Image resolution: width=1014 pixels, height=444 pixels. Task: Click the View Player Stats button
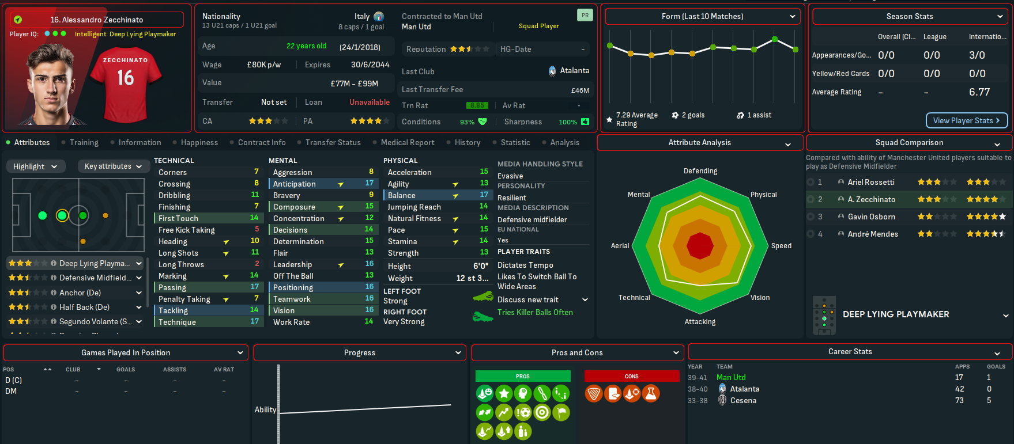click(966, 120)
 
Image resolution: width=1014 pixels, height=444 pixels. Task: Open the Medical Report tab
click(408, 142)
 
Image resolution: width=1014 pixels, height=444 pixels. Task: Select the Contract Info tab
click(262, 142)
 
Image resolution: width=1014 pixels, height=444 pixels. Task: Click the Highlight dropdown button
click(35, 166)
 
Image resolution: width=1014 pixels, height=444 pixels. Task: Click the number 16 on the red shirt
click(126, 78)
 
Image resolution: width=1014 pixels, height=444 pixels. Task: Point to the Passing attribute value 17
click(254, 287)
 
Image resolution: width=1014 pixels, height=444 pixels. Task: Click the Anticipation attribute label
click(295, 184)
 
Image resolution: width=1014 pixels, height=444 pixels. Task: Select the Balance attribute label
click(402, 195)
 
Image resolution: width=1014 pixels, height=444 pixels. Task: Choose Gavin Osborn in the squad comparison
click(871, 217)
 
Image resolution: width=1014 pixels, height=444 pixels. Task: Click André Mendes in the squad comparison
click(873, 234)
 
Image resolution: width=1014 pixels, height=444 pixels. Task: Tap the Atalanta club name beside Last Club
click(574, 71)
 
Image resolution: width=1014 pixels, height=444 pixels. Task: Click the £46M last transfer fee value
click(580, 90)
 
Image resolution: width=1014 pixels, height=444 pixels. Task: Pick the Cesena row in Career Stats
click(743, 400)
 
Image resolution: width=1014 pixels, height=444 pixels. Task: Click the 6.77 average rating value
click(979, 92)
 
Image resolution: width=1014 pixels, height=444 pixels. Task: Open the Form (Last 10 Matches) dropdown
click(703, 17)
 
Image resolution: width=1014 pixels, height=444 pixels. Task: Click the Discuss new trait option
click(528, 299)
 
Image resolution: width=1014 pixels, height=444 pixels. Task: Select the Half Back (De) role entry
click(84, 307)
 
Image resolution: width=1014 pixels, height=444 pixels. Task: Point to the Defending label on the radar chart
click(700, 171)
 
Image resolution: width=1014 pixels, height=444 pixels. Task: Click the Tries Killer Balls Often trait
click(535, 312)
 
